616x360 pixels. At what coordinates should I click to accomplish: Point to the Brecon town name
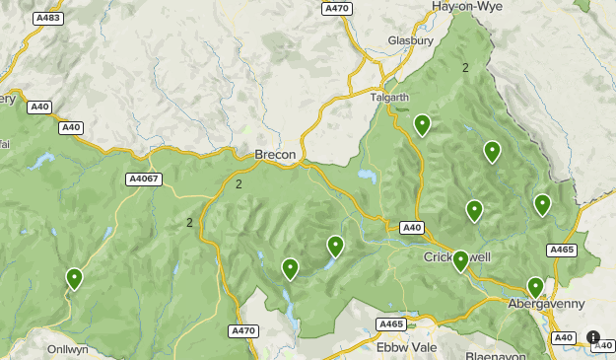(275, 155)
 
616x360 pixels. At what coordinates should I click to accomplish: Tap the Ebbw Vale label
(406, 347)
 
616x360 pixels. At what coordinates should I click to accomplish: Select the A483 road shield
(47, 19)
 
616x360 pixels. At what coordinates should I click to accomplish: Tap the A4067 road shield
(144, 179)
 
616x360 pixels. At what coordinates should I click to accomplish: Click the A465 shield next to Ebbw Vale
(391, 324)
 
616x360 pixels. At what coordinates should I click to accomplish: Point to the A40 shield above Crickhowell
(412, 228)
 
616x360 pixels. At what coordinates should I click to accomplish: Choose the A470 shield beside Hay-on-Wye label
(336, 8)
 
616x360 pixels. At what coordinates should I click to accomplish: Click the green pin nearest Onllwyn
(74, 279)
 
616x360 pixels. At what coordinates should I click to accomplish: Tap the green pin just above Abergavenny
(535, 287)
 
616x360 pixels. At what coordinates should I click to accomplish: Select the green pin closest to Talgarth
(422, 124)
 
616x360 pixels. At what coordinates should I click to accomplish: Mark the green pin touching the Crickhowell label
(460, 260)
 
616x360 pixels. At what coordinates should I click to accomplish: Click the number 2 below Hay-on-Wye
(465, 68)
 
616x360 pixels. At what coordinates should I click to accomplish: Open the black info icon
(593, 337)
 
